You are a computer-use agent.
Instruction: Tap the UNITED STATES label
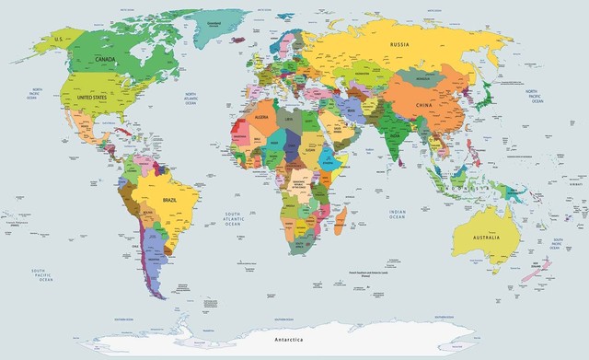click(93, 97)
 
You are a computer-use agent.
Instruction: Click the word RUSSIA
click(399, 43)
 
